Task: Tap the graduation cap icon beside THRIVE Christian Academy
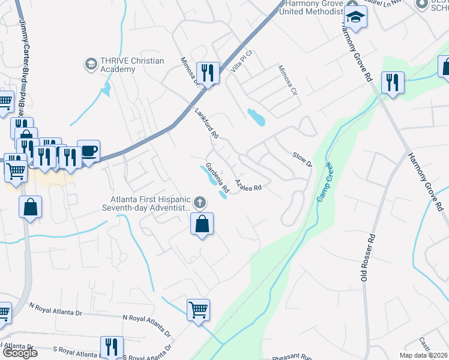(x=91, y=63)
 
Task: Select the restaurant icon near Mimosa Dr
(x=208, y=74)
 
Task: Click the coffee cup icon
(x=89, y=151)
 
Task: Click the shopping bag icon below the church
(x=203, y=225)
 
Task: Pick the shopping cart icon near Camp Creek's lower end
(x=198, y=310)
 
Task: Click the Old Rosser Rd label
(x=367, y=257)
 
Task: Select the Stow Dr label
(x=302, y=160)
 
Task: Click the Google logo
(x=19, y=353)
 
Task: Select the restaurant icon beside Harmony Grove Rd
(x=393, y=82)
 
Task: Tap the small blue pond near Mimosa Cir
(x=256, y=117)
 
